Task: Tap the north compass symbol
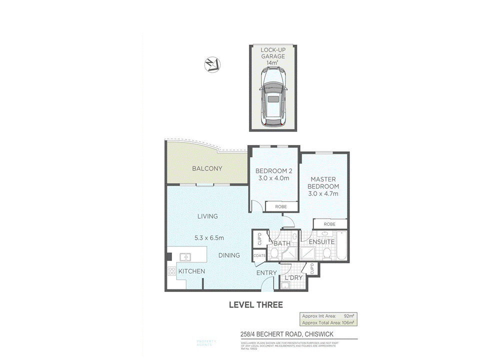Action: point(211,64)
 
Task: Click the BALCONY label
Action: point(207,168)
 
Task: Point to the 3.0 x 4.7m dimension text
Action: point(324,193)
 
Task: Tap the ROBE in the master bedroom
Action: point(329,224)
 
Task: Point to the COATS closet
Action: point(259,255)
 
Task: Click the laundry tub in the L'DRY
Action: point(284,285)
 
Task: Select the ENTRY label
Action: point(266,272)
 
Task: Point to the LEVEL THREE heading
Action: point(256,304)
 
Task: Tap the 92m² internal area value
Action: point(349,315)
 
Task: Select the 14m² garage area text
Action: point(273,63)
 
